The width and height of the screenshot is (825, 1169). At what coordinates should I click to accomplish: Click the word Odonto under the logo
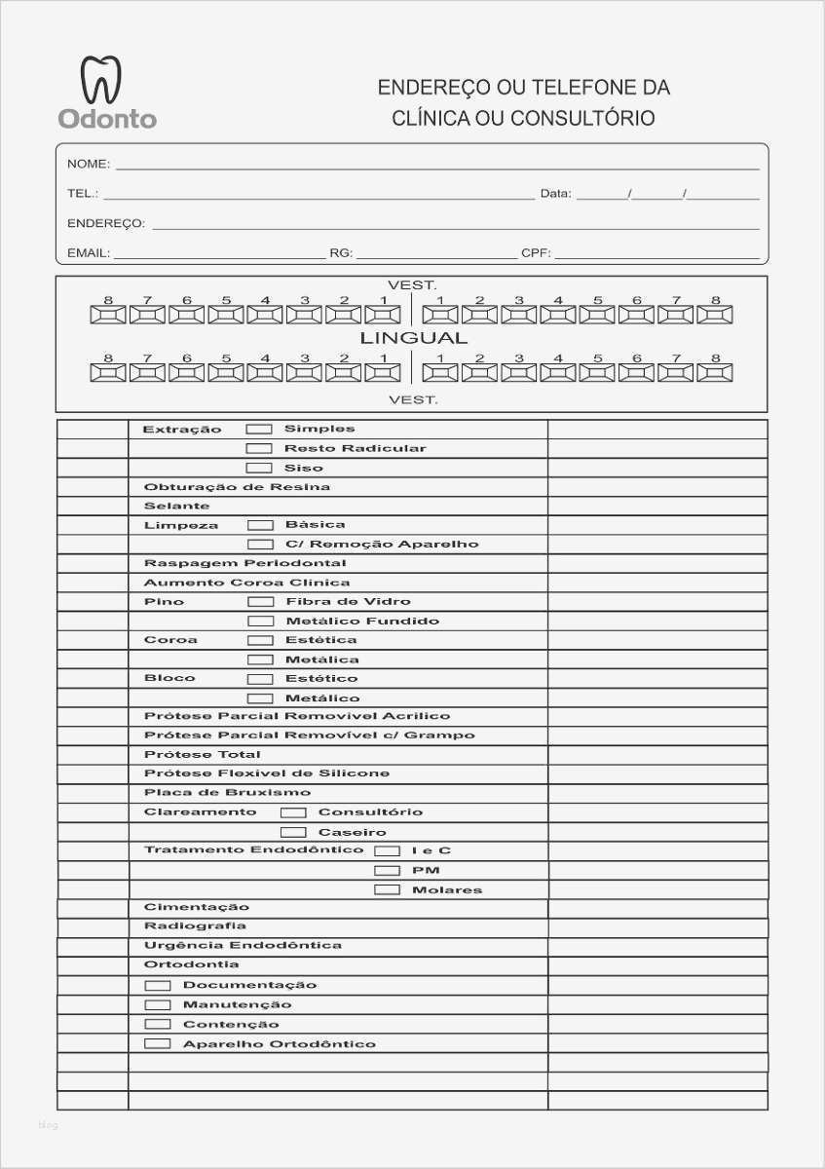[107, 119]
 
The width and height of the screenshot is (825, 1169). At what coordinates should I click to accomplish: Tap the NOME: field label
[88, 164]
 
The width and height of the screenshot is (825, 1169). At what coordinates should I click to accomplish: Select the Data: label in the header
[555, 194]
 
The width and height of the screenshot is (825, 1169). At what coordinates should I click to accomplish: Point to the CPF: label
[536, 253]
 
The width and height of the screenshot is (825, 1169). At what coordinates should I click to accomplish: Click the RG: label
[341, 253]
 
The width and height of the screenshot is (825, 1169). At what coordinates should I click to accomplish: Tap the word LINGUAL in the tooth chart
[414, 339]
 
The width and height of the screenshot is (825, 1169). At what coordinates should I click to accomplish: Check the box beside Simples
[259, 429]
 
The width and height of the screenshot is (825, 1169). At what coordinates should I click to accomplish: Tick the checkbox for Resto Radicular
[259, 448]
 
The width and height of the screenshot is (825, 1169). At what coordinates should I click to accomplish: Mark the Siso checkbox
[259, 468]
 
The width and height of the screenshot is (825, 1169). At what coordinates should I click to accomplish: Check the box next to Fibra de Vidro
[260, 602]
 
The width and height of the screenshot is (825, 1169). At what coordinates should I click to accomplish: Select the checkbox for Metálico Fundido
[260, 621]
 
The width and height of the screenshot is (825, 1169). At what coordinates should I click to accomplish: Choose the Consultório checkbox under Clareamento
[293, 812]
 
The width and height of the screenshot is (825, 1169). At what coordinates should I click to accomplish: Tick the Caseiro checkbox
[293, 832]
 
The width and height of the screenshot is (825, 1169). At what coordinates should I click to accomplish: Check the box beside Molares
[388, 889]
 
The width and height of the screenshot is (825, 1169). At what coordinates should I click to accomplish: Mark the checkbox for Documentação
[158, 985]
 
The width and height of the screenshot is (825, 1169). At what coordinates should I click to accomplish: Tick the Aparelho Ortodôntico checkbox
[158, 1043]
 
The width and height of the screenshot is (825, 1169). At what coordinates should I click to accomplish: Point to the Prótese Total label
[202, 755]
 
